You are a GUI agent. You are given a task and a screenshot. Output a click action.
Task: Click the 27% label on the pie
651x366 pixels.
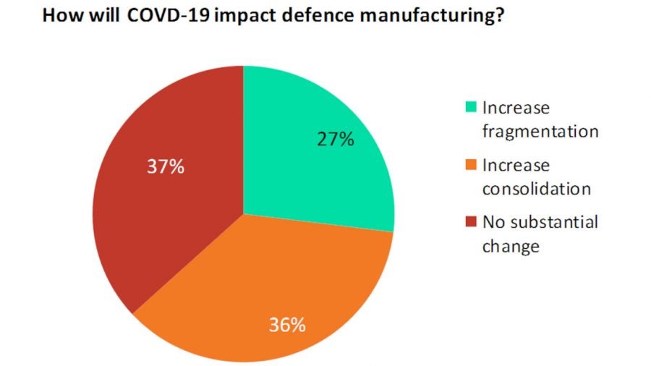coord(335,140)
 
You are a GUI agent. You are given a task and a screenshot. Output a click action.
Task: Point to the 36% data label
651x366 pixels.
coord(286,325)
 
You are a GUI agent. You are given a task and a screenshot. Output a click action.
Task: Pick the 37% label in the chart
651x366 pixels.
coord(166,167)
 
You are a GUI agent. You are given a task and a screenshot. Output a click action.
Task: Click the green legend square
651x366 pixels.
coord(471,108)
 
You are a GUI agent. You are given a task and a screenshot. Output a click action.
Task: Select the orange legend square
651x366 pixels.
coord(471,166)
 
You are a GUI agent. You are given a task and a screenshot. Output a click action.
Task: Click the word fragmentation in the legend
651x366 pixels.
coord(540,132)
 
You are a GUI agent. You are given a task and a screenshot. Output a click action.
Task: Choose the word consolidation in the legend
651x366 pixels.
coord(537,190)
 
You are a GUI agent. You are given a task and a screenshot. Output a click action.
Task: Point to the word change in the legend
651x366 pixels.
coord(511,247)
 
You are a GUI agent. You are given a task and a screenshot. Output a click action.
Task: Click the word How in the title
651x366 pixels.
coord(61,17)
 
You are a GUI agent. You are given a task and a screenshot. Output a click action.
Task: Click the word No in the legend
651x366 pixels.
coord(493,222)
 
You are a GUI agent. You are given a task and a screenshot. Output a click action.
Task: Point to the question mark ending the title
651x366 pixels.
coord(499,17)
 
